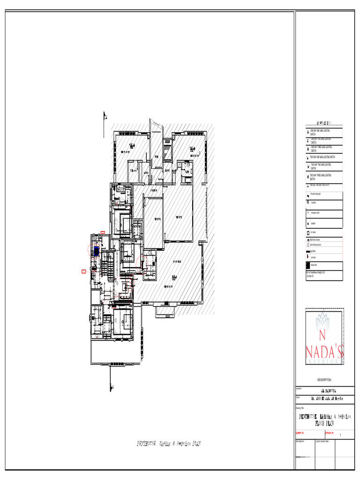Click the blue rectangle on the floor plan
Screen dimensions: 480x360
[x=97, y=251]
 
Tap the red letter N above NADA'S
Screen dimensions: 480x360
[x=322, y=335]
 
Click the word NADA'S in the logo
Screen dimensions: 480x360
[x=325, y=352]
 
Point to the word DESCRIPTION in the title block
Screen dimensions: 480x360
[x=324, y=380]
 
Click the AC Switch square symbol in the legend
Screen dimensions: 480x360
[x=308, y=232]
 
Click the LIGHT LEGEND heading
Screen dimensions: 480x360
[x=324, y=121]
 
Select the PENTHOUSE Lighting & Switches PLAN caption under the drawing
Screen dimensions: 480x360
[x=170, y=443]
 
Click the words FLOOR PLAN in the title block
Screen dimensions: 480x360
[x=324, y=422]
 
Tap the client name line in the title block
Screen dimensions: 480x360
[x=325, y=399]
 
